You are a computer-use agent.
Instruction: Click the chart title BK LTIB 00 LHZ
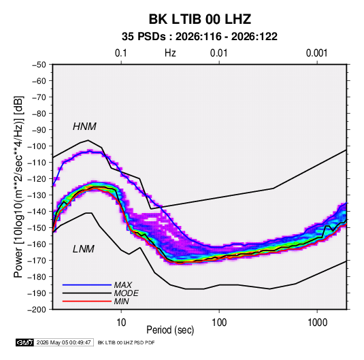tap(199, 19)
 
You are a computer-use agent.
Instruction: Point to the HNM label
tap(84, 127)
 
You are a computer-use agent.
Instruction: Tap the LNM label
tap(84, 249)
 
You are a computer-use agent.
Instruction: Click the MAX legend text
tap(123, 285)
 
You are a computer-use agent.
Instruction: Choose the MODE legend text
tap(127, 293)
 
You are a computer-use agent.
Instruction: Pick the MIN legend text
tap(121, 301)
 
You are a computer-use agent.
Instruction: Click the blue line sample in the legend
tap(87, 285)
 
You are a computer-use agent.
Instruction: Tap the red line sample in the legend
tap(87, 301)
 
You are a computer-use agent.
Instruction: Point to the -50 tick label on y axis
tap(39, 65)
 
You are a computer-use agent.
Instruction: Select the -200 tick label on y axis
tap(37, 310)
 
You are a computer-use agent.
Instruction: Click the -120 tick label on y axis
tap(37, 179)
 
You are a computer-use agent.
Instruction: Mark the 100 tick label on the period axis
tap(219, 323)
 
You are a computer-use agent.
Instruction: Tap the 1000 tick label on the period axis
tap(317, 323)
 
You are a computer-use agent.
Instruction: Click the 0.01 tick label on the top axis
tap(218, 53)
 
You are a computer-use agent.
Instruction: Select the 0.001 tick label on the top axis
tap(316, 53)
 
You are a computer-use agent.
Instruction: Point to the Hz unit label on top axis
tap(170, 53)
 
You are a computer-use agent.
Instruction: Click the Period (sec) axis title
tap(170, 330)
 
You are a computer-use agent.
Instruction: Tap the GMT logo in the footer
tap(25, 342)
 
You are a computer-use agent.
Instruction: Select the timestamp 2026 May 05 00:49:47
tap(63, 342)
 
